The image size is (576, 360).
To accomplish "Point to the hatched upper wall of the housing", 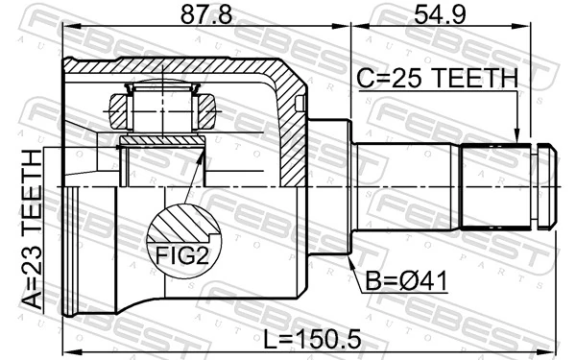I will tap(192, 69).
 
